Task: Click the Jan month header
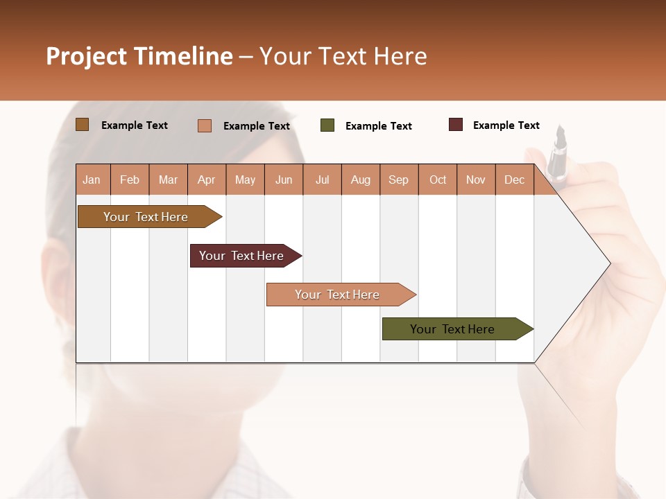pos(92,180)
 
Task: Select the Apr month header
pos(207,180)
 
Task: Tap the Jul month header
pos(322,180)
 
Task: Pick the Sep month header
pos(398,180)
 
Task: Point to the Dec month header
pos(514,180)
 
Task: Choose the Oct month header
pos(437,180)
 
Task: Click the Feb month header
pos(130,180)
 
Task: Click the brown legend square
pos(83,125)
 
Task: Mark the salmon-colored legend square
pos(205,125)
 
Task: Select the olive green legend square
pos(327,125)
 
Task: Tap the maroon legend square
pos(456,125)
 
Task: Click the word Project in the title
pos(87,56)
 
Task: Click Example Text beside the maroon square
pos(506,125)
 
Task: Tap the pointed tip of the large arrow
pos(609,263)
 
